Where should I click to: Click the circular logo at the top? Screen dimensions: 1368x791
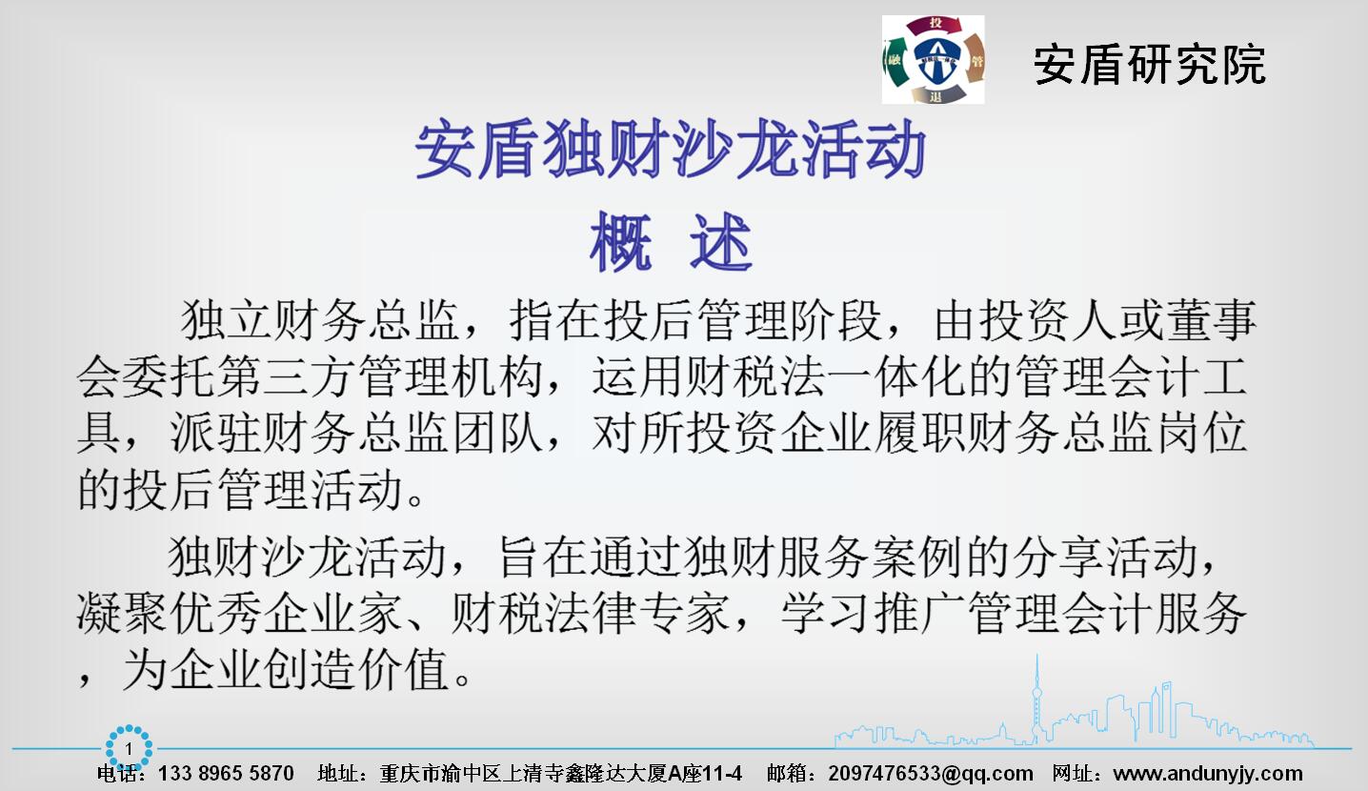pyautogui.click(x=934, y=59)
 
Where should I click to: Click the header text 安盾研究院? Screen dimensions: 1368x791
pyautogui.click(x=1149, y=64)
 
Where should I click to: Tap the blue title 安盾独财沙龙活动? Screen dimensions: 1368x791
pyautogui.click(x=671, y=149)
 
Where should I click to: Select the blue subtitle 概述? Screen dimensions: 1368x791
pyautogui.click(x=671, y=241)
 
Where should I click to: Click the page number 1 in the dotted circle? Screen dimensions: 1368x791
pyautogui.click(x=129, y=749)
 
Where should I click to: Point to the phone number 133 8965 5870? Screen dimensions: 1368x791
pyautogui.click(x=226, y=773)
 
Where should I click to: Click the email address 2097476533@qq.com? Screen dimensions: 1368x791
pyautogui.click(x=931, y=773)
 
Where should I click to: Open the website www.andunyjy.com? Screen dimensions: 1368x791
pyautogui.click(x=1207, y=774)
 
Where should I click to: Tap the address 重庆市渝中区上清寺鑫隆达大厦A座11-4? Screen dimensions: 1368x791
pyautogui.click(x=561, y=773)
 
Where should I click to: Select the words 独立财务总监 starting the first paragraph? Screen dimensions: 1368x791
pyautogui.click(x=319, y=319)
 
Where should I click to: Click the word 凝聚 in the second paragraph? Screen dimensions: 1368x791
pyautogui.click(x=122, y=613)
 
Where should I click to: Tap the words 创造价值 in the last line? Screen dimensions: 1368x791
pyautogui.click(x=355, y=669)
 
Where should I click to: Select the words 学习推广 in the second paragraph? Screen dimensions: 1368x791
pyautogui.click(x=874, y=613)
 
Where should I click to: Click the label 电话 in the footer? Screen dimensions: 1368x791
pyautogui.click(x=116, y=774)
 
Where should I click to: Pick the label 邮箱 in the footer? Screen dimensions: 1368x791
pyautogui.click(x=787, y=774)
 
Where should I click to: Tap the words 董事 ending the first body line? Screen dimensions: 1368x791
pyautogui.click(x=1211, y=319)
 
